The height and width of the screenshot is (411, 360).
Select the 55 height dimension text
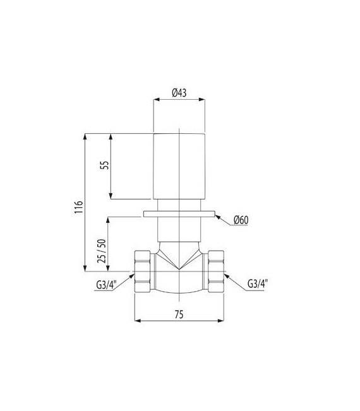(105, 165)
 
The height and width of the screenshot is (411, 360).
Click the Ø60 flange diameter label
(241, 220)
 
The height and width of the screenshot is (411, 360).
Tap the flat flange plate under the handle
(179, 213)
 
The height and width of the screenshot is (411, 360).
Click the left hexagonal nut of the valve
(142, 272)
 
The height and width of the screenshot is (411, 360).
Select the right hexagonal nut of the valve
(217, 272)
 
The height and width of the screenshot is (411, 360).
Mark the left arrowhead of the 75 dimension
(138, 319)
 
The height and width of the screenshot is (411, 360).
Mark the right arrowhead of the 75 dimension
(222, 319)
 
